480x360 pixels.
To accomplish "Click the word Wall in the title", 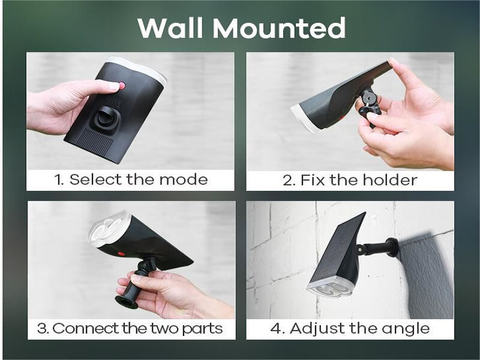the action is (x=170, y=28).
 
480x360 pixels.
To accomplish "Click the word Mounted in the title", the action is (x=279, y=28).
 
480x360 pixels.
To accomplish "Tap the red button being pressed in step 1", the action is (x=122, y=85).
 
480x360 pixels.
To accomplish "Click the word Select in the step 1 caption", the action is (x=96, y=179).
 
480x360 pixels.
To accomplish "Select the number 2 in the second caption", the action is (x=289, y=180).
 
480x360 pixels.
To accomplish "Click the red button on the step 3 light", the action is (x=121, y=253).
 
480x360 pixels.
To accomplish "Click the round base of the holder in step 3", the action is (x=126, y=302).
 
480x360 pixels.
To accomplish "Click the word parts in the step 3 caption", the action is (x=202, y=329).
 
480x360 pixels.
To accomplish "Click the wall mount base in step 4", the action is (x=392, y=247).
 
